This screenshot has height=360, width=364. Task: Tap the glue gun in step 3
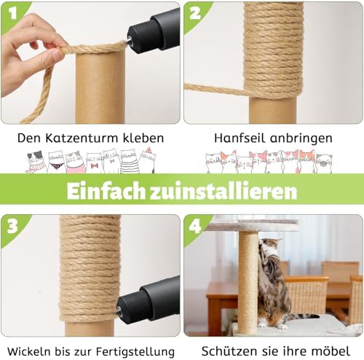click(149, 300)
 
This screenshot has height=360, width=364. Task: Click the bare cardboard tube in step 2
click(274, 109)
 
